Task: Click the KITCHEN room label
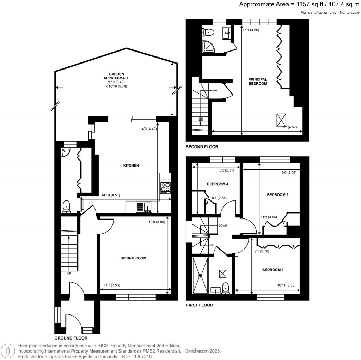point(131,166)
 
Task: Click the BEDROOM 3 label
point(273,270)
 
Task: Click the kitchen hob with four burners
point(165,188)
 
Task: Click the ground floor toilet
point(66,206)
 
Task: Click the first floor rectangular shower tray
point(201,275)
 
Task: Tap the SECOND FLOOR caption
point(202,146)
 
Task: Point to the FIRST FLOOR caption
point(200,305)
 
